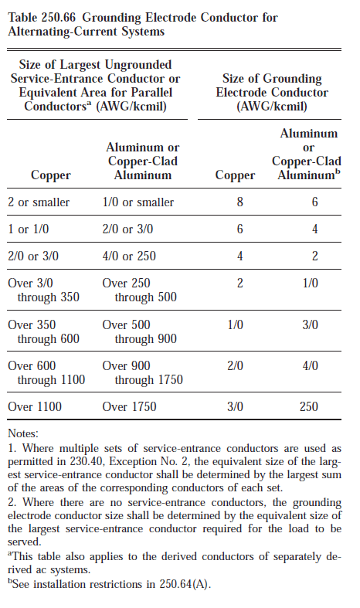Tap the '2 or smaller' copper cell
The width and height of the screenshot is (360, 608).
[x=39, y=202]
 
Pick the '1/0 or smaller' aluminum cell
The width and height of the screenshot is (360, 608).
[x=138, y=202]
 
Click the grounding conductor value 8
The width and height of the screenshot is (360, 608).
[x=239, y=202]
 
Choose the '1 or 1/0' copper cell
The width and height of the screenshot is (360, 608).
[x=29, y=229]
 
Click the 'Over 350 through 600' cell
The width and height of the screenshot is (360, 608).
[x=43, y=331]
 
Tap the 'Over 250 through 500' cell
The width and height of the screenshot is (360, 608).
[x=139, y=290]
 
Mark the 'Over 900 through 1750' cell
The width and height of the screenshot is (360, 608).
[x=142, y=372]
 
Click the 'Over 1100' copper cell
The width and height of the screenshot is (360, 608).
[x=35, y=406]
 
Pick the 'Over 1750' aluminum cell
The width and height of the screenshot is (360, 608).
[x=129, y=406]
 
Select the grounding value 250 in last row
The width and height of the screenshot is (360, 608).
[x=310, y=406]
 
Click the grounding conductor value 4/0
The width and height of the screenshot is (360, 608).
[x=310, y=365]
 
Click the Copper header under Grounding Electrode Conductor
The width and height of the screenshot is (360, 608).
[x=234, y=175]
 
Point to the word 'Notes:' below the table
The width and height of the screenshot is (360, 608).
[x=22, y=435]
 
